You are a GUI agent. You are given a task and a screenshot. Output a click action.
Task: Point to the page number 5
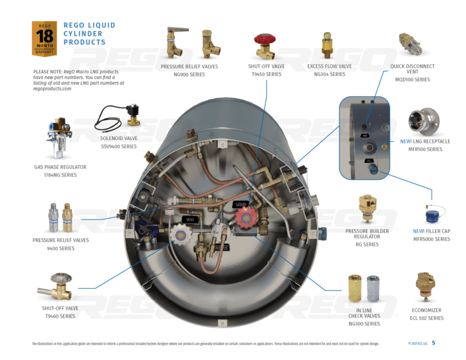click(x=433, y=343)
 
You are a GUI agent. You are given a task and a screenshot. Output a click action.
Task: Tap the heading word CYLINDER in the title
click(x=83, y=34)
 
